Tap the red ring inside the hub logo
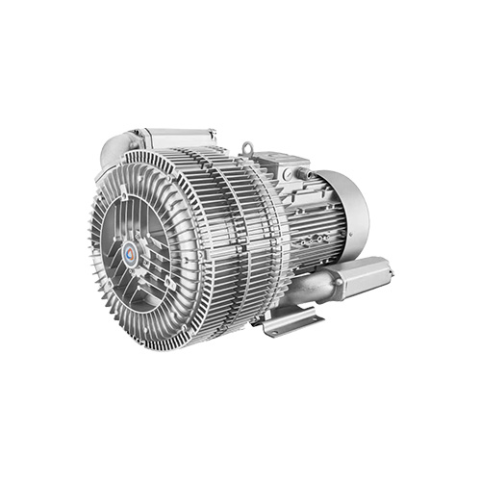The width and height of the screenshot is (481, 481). (130, 253)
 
